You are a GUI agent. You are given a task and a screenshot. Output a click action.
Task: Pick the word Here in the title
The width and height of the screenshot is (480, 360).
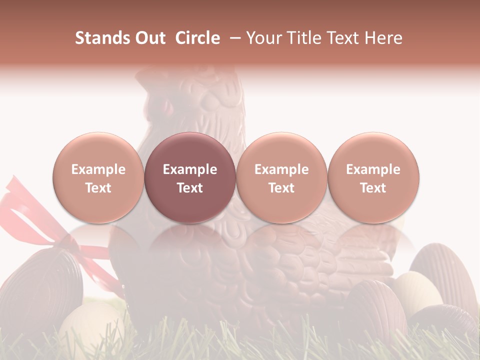coord(384,38)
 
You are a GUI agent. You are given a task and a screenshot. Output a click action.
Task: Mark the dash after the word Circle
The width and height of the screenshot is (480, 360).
coord(233,38)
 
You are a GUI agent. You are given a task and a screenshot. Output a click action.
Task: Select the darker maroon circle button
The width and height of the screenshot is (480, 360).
coord(190,178)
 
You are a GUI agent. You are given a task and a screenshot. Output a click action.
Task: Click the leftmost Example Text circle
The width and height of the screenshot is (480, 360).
coord(98,178)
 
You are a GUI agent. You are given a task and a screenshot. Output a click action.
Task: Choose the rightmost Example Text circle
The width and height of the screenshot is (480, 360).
coord(373,178)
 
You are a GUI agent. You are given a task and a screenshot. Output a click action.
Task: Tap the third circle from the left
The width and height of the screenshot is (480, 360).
coord(281,178)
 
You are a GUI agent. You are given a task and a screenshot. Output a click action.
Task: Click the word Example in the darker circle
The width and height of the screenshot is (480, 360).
coord(190,169)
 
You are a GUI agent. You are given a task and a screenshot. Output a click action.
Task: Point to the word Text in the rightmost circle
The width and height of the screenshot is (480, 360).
coord(373,188)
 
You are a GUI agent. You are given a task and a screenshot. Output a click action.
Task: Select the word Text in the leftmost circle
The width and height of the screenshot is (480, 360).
coord(98,188)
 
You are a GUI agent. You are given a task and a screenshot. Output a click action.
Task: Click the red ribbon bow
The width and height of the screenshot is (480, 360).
coord(30,210)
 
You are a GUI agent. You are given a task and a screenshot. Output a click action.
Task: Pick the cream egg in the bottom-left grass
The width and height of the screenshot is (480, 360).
coord(90,325)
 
